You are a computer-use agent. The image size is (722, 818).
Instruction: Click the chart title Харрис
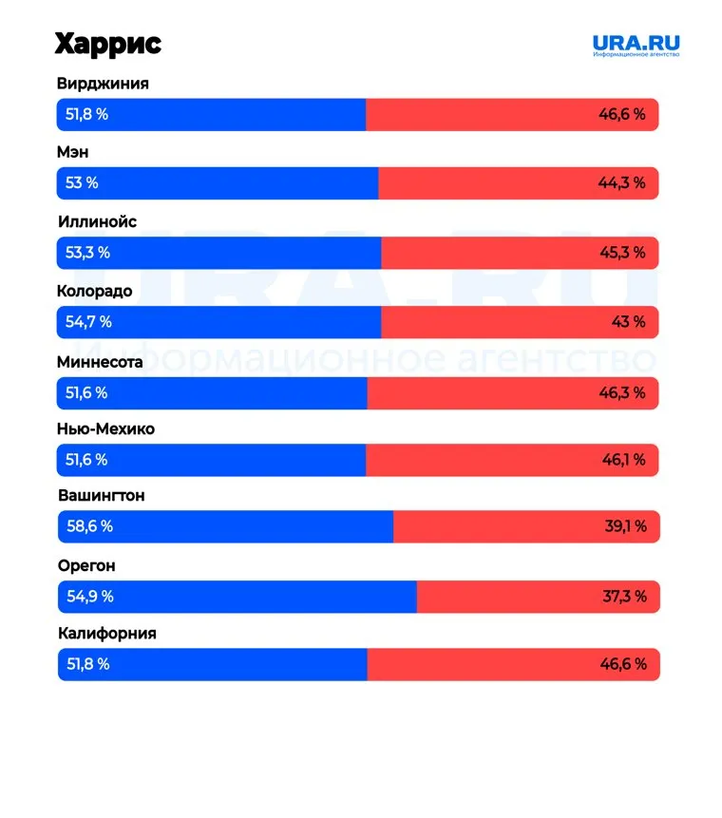(107, 44)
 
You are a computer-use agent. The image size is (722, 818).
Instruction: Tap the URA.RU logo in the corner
(636, 45)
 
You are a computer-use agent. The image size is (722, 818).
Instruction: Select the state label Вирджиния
(103, 84)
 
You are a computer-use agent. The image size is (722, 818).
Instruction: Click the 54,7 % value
(88, 322)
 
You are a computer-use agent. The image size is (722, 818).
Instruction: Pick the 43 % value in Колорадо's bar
(628, 322)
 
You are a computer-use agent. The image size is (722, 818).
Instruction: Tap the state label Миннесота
(100, 362)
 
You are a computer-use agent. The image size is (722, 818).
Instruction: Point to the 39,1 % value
(625, 526)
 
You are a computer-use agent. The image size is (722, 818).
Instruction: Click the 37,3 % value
(625, 597)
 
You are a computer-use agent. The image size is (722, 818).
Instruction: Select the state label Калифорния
(106, 634)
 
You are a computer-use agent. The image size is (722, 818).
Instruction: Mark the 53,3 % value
(87, 253)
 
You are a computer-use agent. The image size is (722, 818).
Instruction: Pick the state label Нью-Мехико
(105, 429)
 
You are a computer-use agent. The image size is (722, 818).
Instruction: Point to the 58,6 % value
(88, 526)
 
